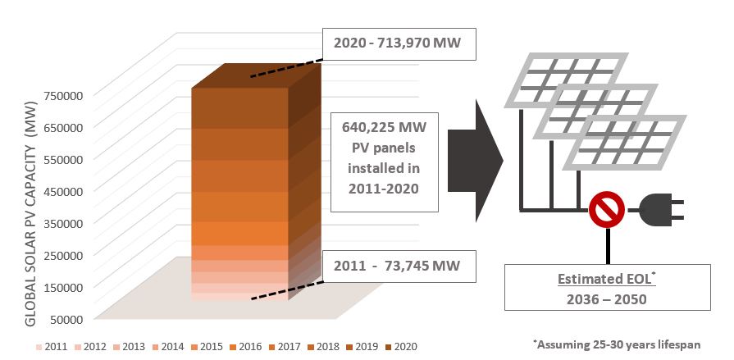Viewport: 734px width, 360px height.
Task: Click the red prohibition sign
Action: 607,212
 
